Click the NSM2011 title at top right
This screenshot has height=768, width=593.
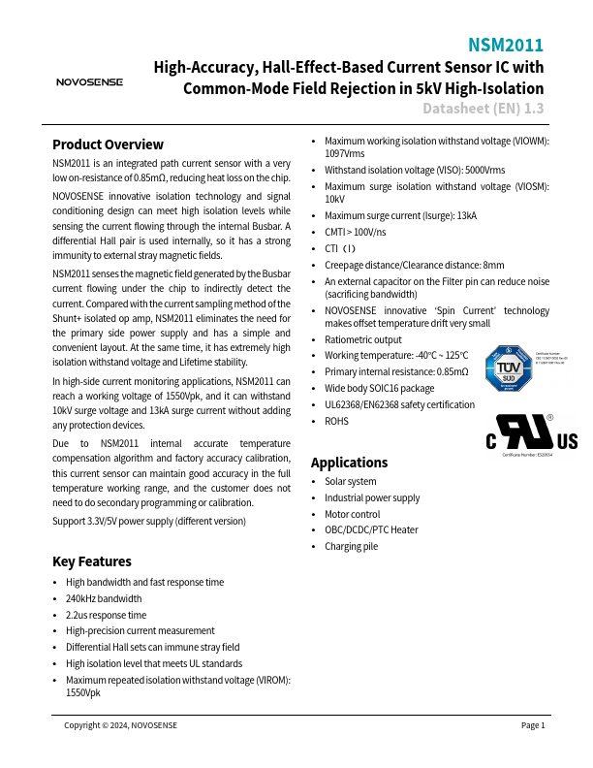[506, 46]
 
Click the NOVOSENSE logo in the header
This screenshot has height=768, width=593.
[89, 82]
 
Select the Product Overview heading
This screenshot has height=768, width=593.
[108, 144]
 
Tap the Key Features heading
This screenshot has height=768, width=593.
[92, 561]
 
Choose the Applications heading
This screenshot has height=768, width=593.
[349, 462]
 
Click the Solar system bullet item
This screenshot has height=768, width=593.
[350, 482]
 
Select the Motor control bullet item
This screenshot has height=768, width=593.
[352, 514]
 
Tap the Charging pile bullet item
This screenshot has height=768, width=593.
[351, 547]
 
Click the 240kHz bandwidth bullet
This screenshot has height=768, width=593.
[104, 598]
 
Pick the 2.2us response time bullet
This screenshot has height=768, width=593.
[106, 615]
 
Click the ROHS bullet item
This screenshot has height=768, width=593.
[336, 422]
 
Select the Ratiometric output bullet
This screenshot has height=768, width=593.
[362, 339]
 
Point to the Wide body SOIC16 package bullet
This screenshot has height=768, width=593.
[379, 389]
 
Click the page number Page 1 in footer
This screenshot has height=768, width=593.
[533, 725]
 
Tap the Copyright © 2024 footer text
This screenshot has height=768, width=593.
[120, 725]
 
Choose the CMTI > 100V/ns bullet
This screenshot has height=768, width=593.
[355, 233]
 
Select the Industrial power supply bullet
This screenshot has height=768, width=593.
[372, 497]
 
